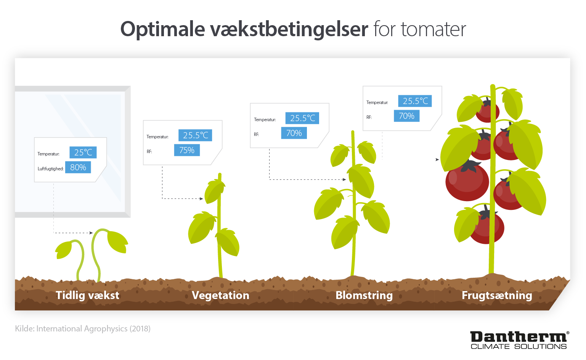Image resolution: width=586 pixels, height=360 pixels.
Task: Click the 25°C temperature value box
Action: pyautogui.click(x=83, y=152)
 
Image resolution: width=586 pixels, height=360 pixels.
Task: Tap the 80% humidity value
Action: pyautogui.click(x=78, y=167)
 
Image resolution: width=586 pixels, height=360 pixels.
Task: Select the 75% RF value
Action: pyautogui.click(x=187, y=150)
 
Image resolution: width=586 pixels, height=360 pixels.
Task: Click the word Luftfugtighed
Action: pyautogui.click(x=50, y=169)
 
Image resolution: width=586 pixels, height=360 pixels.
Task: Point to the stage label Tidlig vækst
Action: pyautogui.click(x=87, y=295)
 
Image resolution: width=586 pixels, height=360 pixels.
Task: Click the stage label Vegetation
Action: pyautogui.click(x=220, y=295)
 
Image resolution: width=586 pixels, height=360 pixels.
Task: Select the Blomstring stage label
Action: pyautogui.click(x=364, y=295)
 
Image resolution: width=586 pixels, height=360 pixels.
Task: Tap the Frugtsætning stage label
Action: pyautogui.click(x=497, y=295)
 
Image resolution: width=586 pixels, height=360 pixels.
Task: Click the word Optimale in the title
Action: pyautogui.click(x=162, y=29)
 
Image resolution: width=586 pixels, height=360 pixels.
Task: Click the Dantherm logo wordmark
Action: pyautogui.click(x=519, y=337)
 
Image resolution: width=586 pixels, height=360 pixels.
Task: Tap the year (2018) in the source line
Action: pyautogui.click(x=140, y=328)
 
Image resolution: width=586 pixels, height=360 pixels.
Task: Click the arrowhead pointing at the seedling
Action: pyautogui.click(x=91, y=233)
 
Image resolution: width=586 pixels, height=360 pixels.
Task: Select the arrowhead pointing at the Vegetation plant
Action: pyautogui.click(x=201, y=198)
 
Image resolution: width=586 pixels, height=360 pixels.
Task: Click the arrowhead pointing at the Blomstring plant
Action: pyautogui.click(x=344, y=179)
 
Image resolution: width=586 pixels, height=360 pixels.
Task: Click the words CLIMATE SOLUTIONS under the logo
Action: pyautogui.click(x=519, y=346)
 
